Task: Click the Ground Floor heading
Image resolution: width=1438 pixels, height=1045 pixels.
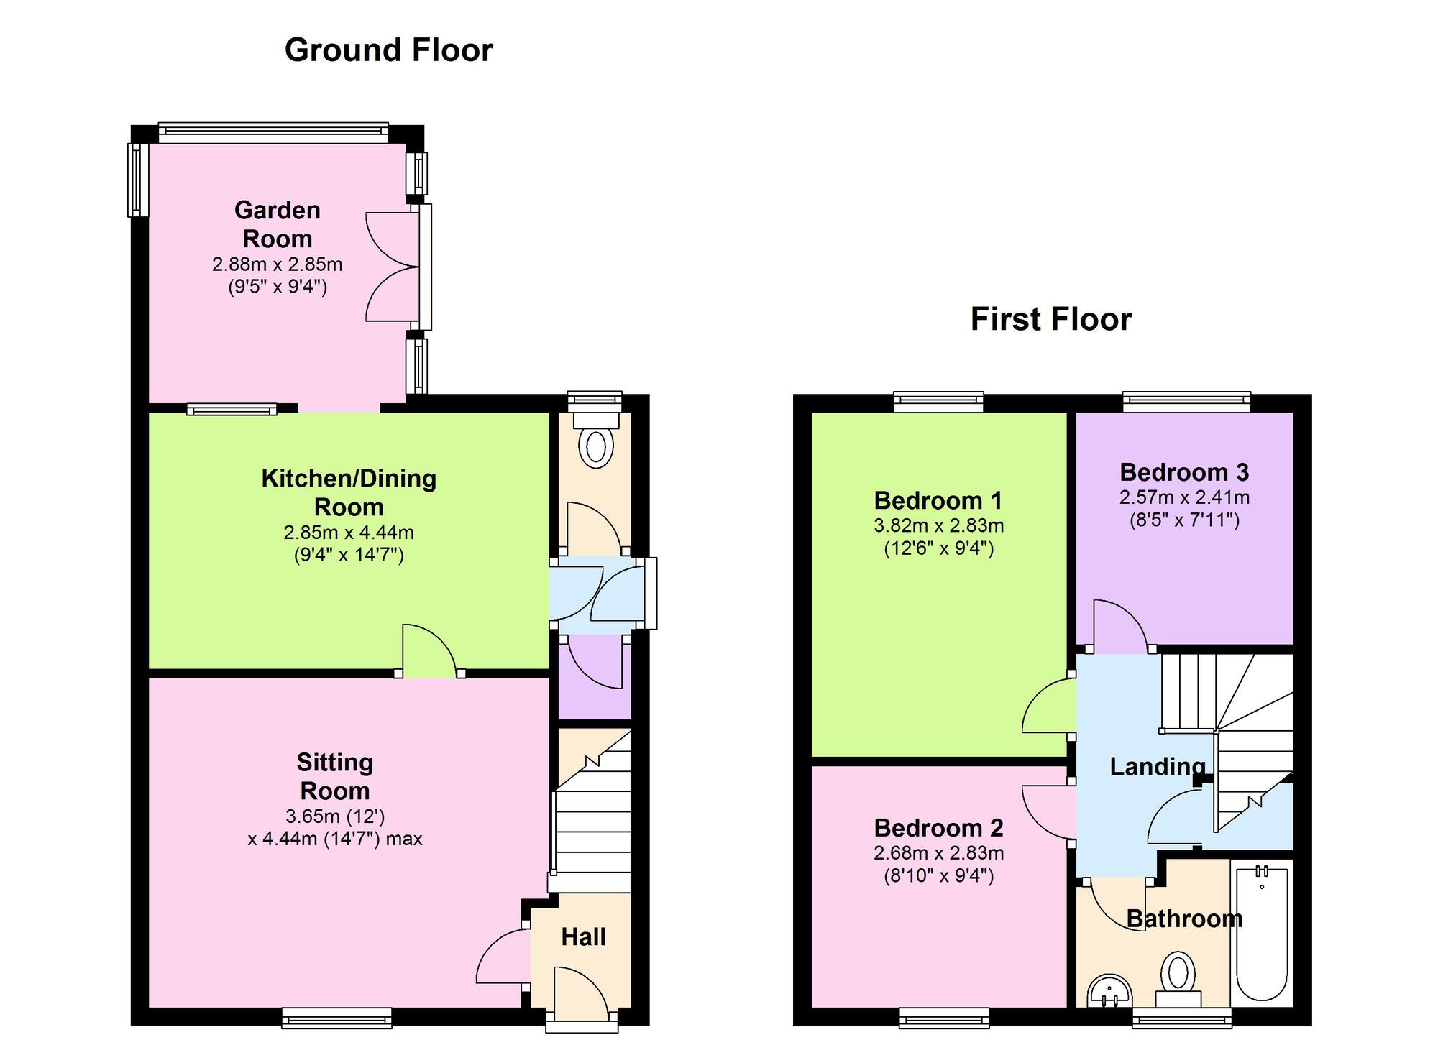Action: (388, 50)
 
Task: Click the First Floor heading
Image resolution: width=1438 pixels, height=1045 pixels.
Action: (1050, 319)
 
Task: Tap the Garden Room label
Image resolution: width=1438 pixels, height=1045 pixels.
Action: (277, 224)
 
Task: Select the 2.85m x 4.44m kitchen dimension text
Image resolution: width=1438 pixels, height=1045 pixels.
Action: (349, 533)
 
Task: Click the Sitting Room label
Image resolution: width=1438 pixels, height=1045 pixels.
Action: (334, 776)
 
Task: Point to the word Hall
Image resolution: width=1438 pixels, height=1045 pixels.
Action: (583, 936)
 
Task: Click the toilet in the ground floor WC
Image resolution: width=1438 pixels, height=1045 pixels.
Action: (595, 446)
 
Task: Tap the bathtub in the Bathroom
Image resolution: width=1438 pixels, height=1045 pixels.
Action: (1262, 934)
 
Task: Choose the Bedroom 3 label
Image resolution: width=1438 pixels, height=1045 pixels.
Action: (1183, 472)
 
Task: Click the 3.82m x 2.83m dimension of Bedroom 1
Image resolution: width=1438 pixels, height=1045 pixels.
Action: (938, 525)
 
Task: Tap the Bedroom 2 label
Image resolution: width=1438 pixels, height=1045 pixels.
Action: (938, 828)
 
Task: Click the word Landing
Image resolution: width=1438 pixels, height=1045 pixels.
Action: (1156, 766)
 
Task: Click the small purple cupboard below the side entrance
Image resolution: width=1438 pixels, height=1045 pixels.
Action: (594, 679)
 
